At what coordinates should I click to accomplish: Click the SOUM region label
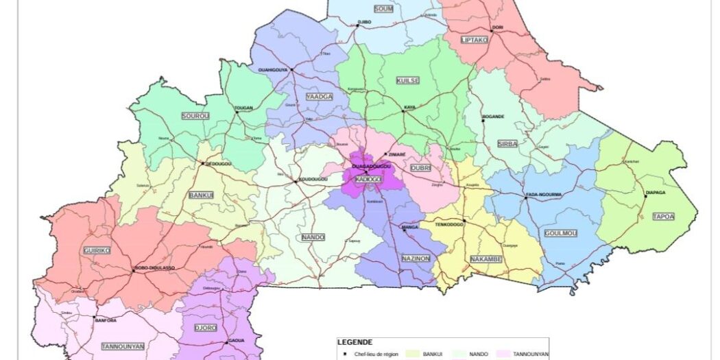[x=384, y=9]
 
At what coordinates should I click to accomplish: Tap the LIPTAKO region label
[x=475, y=40]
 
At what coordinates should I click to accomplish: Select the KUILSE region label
[x=407, y=81]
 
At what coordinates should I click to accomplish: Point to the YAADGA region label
[x=320, y=97]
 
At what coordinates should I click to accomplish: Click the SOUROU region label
[x=195, y=117]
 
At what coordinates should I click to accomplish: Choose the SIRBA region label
[x=507, y=143]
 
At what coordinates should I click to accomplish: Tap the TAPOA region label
[x=663, y=217]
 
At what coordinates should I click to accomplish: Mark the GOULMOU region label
[x=560, y=233]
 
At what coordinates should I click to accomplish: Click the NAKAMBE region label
[x=485, y=259]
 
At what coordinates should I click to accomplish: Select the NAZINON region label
[x=416, y=259]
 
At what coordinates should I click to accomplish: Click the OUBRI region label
[x=420, y=167]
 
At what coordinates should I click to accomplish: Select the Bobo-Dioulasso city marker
[x=133, y=270]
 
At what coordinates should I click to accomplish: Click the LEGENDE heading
[x=355, y=342]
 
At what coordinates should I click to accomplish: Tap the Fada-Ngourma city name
[x=544, y=195]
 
